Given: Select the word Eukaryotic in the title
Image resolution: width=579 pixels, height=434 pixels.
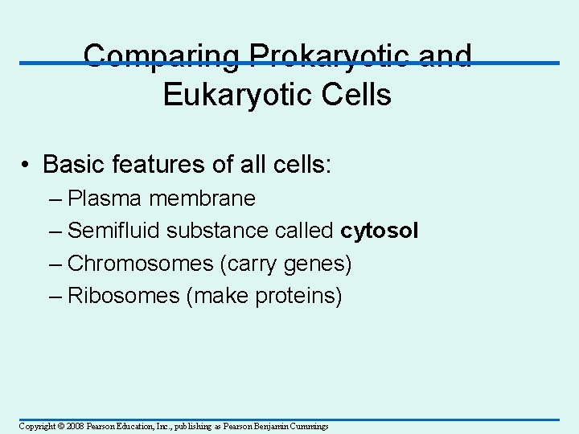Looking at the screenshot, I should pos(234,94).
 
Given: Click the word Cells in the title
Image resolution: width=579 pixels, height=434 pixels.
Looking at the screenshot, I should pos(352,94).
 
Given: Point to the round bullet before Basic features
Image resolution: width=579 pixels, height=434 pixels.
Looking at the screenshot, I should pos(27,165).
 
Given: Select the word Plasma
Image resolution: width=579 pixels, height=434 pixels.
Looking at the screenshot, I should pos(102,198).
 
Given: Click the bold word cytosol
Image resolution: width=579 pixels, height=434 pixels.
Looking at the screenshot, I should pos(380,231).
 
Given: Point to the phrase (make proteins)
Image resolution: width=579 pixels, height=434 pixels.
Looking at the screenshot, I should pos(265,296).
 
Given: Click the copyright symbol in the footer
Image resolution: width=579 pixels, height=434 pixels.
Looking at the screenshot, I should pos(60,426).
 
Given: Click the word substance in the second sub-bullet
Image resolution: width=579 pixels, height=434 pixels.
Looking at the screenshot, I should pos(212,231).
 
